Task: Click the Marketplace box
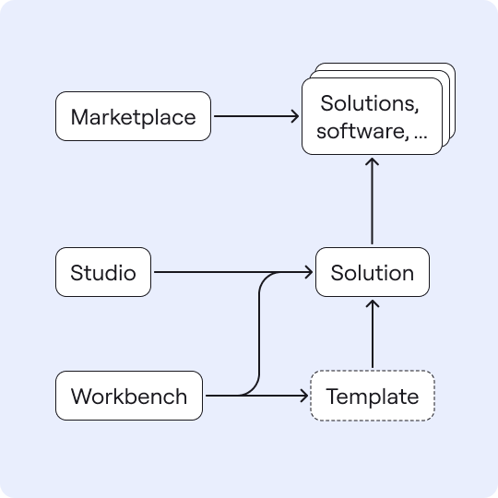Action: (133, 116)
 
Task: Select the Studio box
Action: (103, 272)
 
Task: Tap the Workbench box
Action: (129, 396)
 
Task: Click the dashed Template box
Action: (373, 396)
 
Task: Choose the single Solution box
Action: (373, 272)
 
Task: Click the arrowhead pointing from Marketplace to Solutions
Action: (295, 116)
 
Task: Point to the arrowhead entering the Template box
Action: (304, 396)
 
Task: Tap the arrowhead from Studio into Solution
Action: (309, 272)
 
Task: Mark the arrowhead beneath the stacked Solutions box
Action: (372, 161)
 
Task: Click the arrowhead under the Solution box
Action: (373, 303)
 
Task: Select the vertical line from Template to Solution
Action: (373, 334)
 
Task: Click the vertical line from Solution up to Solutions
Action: (372, 201)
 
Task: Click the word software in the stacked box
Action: (362, 131)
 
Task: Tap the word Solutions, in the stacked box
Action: (370, 103)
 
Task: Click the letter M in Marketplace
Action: (79, 117)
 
